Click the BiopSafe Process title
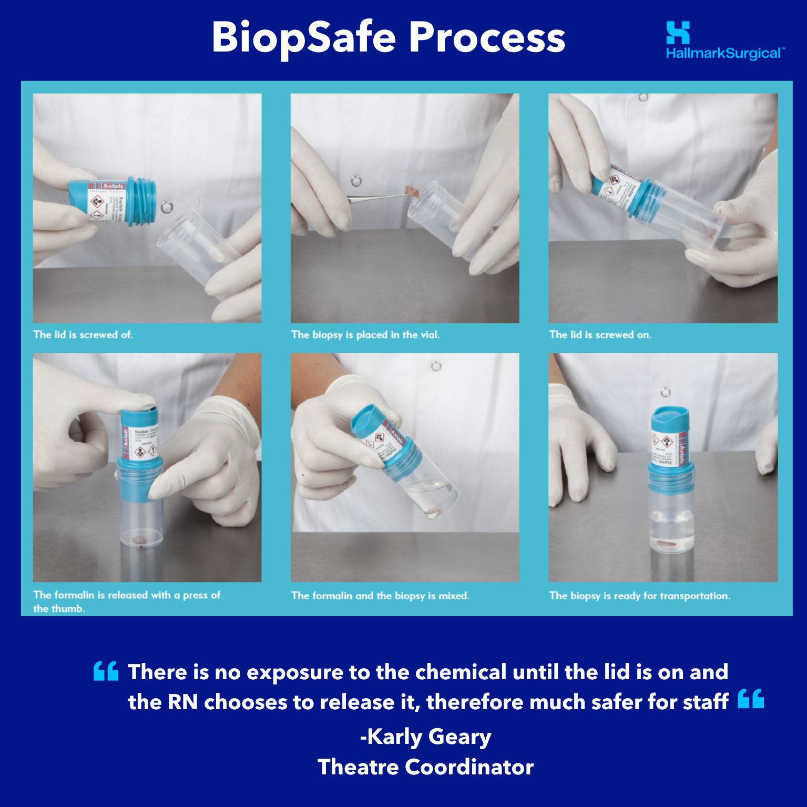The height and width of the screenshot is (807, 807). click(x=388, y=38)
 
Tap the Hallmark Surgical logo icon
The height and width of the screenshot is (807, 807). click(x=678, y=33)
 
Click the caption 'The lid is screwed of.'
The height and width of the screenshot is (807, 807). click(x=83, y=334)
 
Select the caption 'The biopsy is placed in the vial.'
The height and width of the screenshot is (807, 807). click(x=365, y=334)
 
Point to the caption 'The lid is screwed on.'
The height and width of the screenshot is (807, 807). click(x=600, y=334)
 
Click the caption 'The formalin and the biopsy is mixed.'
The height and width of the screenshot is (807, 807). click(x=380, y=596)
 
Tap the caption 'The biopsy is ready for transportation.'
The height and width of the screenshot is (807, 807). click(x=639, y=596)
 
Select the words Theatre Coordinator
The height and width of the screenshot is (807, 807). click(x=425, y=767)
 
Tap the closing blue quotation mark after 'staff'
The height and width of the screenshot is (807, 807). click(x=750, y=699)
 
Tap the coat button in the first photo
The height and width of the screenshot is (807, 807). click(x=167, y=207)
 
